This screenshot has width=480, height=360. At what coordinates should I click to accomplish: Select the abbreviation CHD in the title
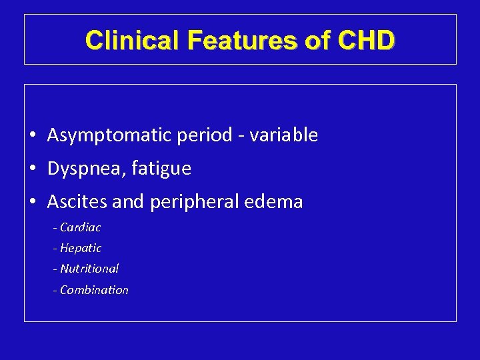(366, 41)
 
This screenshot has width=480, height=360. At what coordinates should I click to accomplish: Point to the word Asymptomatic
(110, 135)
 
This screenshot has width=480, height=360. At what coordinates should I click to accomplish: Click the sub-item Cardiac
(80, 227)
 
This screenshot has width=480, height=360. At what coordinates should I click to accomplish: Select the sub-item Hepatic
(81, 248)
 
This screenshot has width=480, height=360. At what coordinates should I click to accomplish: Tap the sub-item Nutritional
(89, 269)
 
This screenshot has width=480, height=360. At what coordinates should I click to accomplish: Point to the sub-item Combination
(94, 290)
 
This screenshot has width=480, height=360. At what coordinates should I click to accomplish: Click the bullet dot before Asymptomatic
(33, 136)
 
